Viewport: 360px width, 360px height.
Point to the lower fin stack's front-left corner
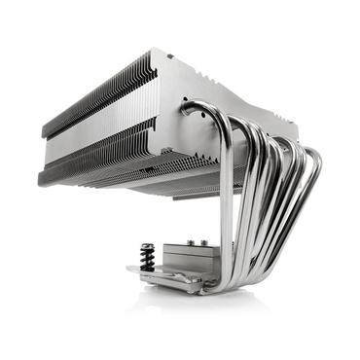pyautogui.click(x=41, y=175)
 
